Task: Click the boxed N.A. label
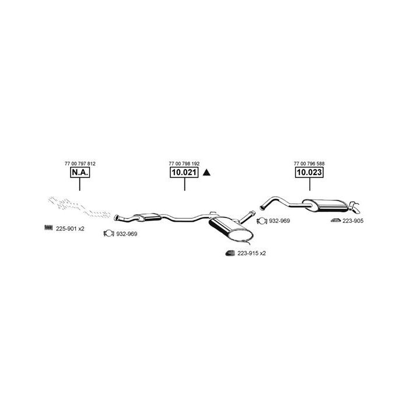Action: (x=80, y=172)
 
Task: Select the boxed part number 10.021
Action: (x=184, y=172)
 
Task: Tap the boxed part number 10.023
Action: (x=309, y=172)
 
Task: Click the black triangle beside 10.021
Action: (x=206, y=173)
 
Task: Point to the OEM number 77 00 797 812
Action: (x=80, y=163)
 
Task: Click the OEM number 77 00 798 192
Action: (x=184, y=163)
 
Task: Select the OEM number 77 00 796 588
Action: (x=309, y=163)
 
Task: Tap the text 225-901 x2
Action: (x=70, y=229)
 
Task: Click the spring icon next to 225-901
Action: (x=48, y=228)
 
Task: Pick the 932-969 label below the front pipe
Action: (x=127, y=234)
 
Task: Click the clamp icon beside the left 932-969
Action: (x=108, y=233)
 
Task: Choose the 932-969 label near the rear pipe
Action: (x=279, y=220)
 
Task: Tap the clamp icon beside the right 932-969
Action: (x=262, y=220)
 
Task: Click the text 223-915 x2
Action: (x=252, y=253)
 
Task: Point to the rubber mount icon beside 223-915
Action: (x=230, y=253)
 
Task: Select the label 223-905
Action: (x=353, y=220)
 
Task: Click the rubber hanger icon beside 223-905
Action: (x=335, y=220)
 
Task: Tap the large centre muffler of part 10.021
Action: (x=230, y=229)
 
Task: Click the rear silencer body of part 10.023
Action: (x=325, y=206)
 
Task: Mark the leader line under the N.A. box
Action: (x=80, y=184)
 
